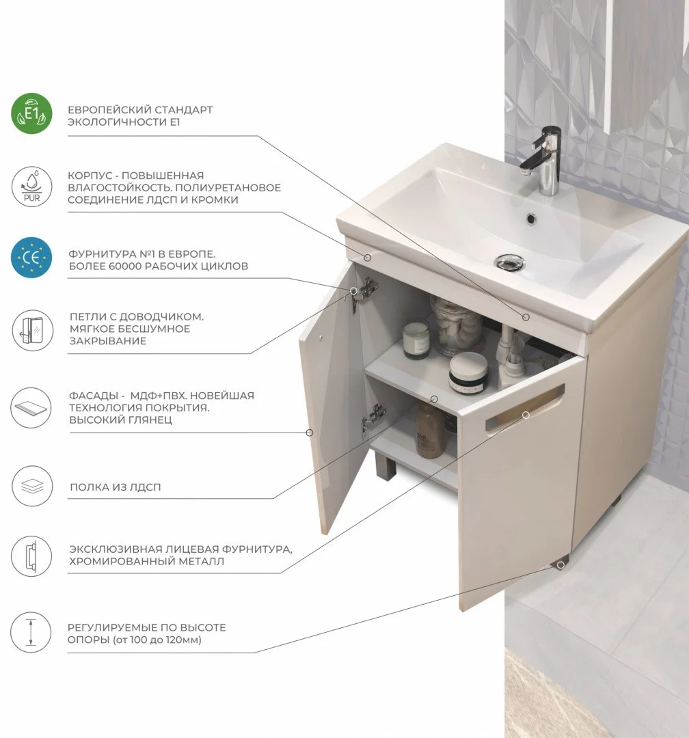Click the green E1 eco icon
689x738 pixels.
pos(31,113)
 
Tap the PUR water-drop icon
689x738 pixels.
pos(31,187)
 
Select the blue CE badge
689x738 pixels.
pos(31,258)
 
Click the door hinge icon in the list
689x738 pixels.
pos(31,330)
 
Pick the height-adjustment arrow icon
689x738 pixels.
pos(31,632)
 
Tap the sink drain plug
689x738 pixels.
pos(509,262)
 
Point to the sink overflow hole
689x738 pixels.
pos(531,219)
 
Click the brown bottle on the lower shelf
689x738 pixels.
pos(429,430)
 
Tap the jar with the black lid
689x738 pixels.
pos(468,373)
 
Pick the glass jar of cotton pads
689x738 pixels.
pos(456,326)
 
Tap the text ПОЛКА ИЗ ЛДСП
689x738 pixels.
pos(116,487)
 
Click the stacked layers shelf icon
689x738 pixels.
pos(31,487)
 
